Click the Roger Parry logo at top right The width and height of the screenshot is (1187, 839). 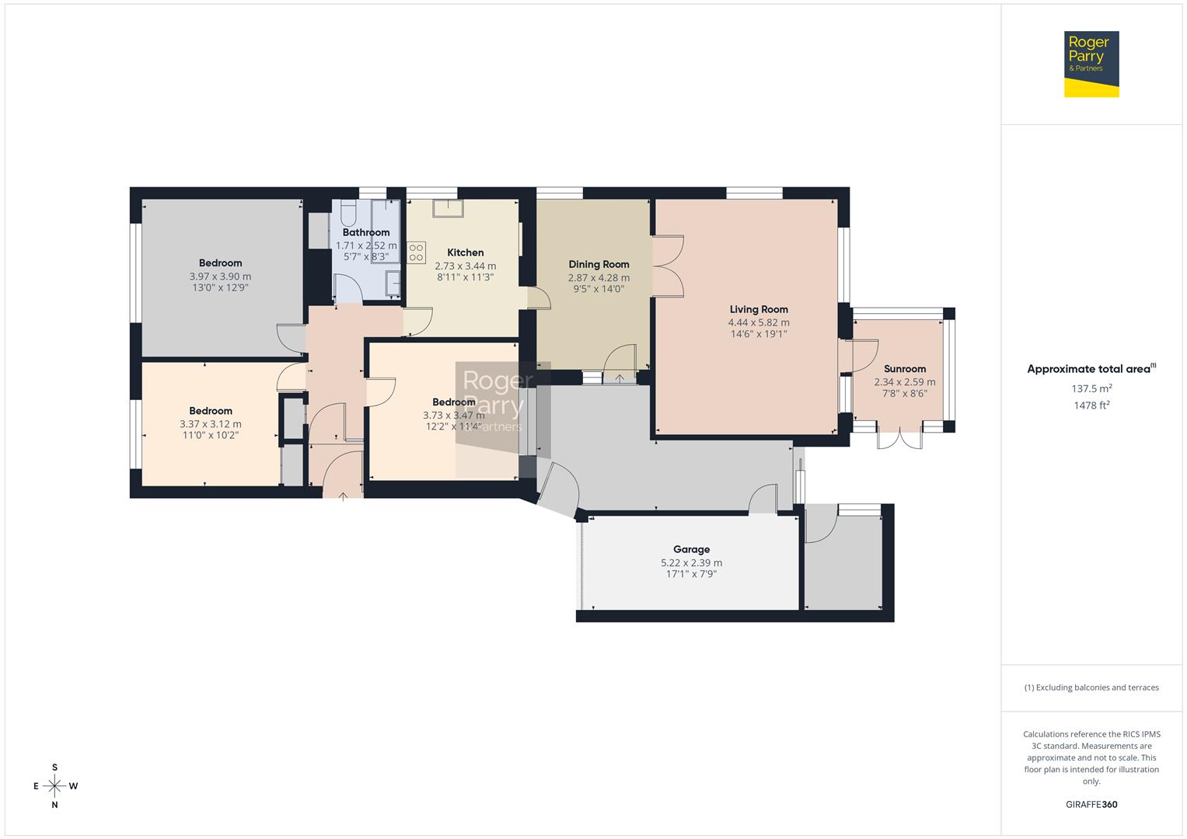pos(1091,64)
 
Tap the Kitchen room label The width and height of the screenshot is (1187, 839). pos(465,252)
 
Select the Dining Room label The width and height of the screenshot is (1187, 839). pos(599,264)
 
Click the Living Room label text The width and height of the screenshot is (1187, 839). pos(758,309)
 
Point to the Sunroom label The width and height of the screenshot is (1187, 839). pos(905,369)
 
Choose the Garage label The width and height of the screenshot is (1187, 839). pos(691,549)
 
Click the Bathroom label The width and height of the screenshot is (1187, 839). pos(365,232)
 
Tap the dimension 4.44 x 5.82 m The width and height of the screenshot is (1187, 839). pos(758,322)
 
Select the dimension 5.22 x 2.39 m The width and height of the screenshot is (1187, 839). pos(691,562)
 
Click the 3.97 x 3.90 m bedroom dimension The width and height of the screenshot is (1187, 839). pos(220,276)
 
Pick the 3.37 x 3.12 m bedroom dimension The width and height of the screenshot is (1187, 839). pos(210,423)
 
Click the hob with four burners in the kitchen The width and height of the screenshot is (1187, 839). pos(416,252)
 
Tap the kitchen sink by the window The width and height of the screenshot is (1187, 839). pos(449,207)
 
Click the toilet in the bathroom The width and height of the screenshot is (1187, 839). pos(347,213)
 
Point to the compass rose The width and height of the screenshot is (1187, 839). pos(54,786)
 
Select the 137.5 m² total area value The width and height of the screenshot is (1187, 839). pos(1091,388)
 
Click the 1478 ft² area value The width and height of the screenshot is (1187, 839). pos(1091,406)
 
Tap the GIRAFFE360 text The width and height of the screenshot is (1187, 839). pos(1091,805)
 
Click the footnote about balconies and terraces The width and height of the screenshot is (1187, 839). pos(1091,688)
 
